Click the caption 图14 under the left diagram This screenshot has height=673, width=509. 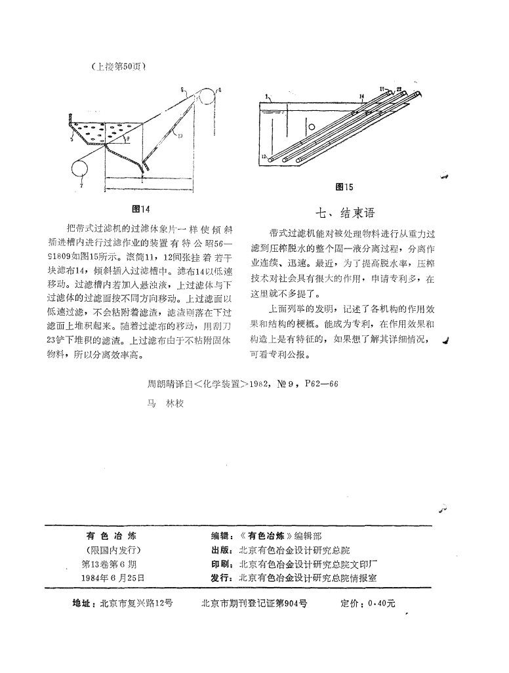[140, 209]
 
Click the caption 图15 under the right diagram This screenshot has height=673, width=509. [344, 187]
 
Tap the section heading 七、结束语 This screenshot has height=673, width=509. [345, 213]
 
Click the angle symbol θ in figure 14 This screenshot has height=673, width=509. [128, 139]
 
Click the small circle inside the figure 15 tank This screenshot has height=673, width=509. [313, 127]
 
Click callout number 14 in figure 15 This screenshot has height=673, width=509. [361, 96]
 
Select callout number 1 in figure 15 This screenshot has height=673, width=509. [267, 96]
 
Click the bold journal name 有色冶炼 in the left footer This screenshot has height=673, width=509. [112, 535]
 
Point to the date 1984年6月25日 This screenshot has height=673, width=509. [112, 578]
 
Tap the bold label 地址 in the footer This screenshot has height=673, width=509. [83, 604]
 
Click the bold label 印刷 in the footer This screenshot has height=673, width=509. [218, 563]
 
